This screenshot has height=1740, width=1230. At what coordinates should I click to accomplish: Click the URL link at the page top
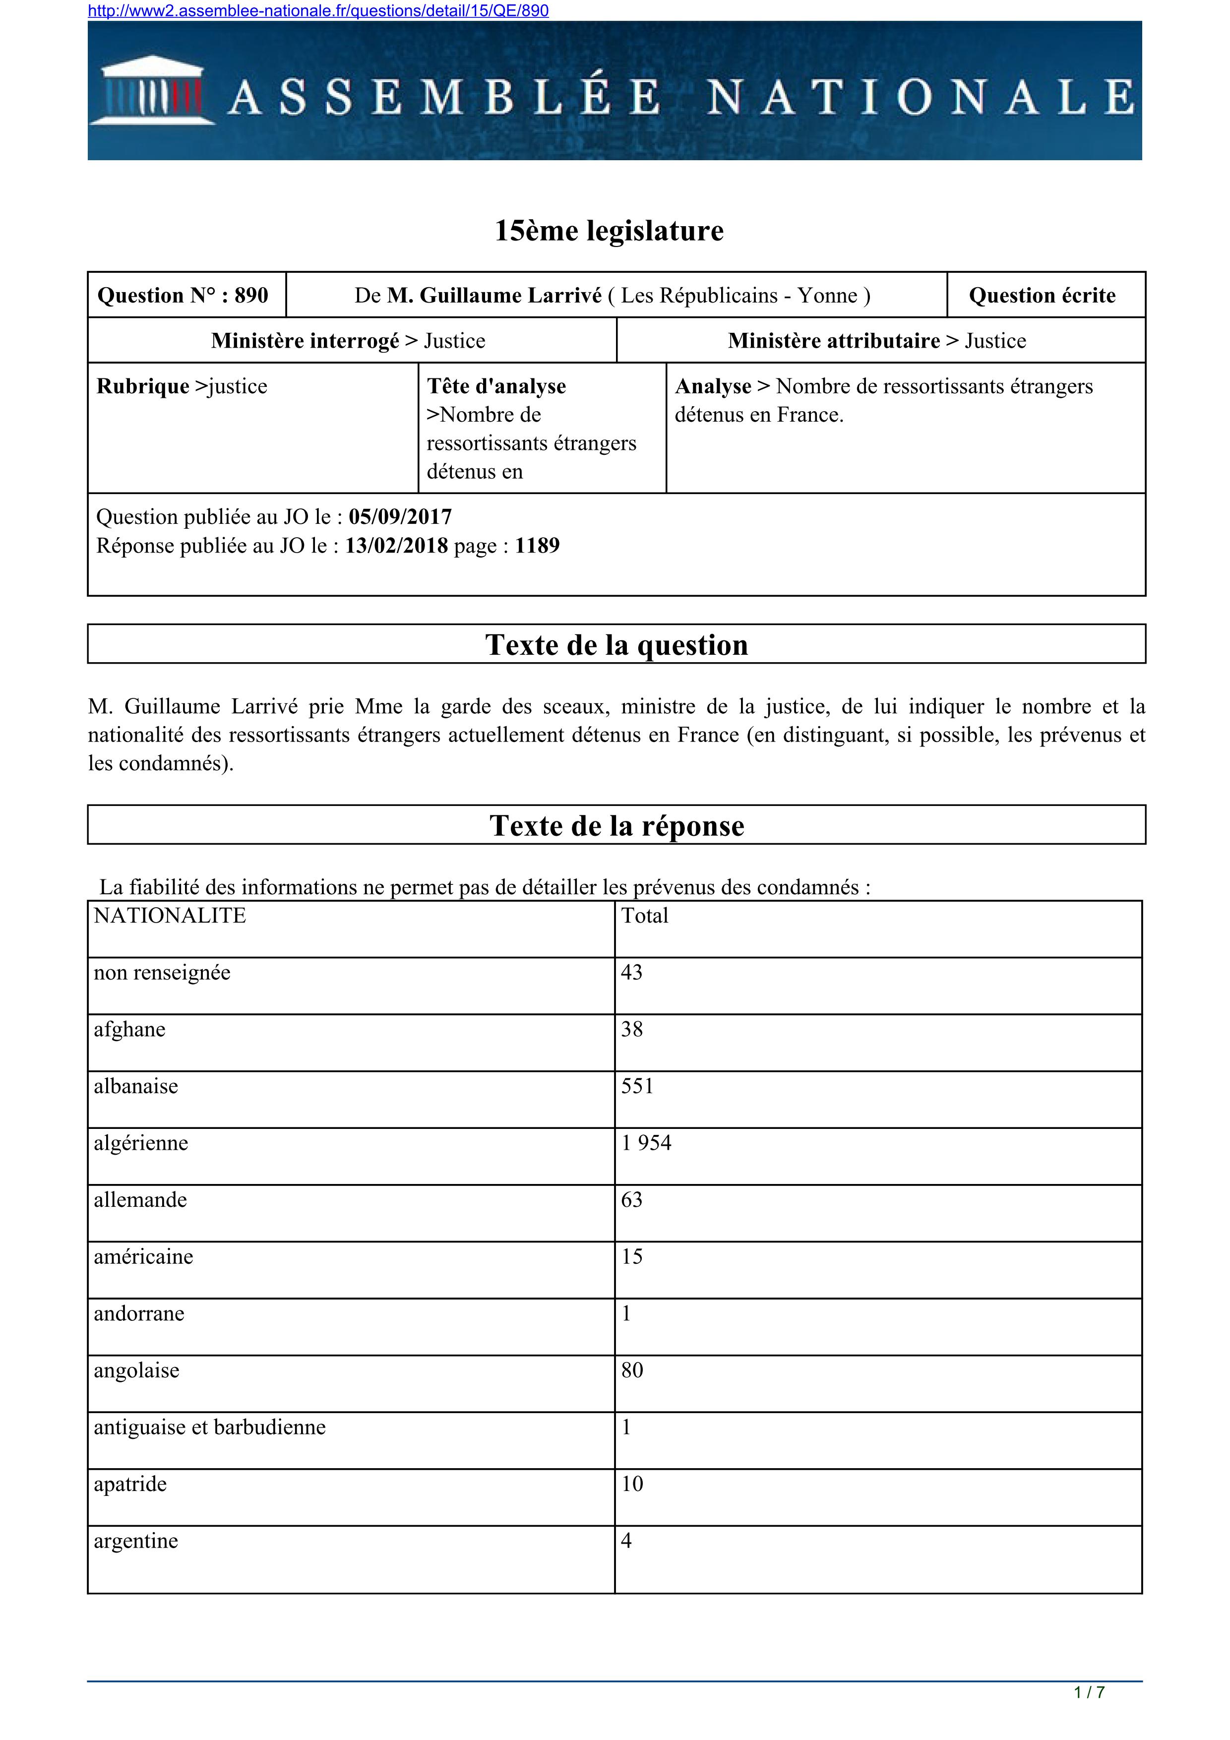coord(318,10)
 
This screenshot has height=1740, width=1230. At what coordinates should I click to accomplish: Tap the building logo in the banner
coord(153,92)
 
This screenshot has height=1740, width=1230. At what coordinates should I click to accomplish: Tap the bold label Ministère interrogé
coord(305,341)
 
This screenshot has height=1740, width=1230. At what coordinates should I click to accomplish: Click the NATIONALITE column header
coord(170,916)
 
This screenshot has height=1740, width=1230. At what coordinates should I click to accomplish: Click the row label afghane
coord(129,1029)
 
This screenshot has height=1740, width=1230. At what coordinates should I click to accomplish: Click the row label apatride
coord(130,1484)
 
